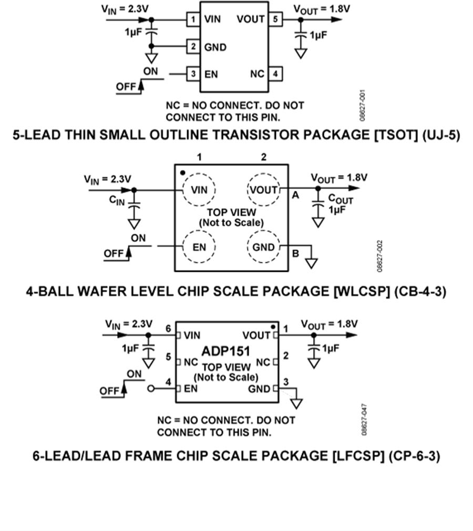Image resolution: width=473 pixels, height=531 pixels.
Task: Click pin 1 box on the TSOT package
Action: click(193, 20)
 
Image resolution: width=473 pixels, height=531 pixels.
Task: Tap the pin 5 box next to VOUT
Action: click(275, 20)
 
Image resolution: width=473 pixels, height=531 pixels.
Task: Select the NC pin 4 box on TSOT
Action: click(275, 74)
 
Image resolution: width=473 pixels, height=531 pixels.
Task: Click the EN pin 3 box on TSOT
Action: click(193, 74)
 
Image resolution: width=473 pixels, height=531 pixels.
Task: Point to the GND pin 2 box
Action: click(193, 47)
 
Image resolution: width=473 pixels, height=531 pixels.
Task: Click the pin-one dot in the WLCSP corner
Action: click(182, 172)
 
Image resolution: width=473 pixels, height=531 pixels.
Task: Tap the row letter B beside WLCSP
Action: click(295, 253)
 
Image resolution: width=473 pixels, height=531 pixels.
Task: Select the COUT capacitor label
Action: click(341, 200)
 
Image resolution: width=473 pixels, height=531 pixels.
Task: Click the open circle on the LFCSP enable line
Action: click(152, 389)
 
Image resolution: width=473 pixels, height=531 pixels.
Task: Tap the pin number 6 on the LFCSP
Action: click(168, 329)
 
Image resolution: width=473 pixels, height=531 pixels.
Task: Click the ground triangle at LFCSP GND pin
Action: click(296, 403)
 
